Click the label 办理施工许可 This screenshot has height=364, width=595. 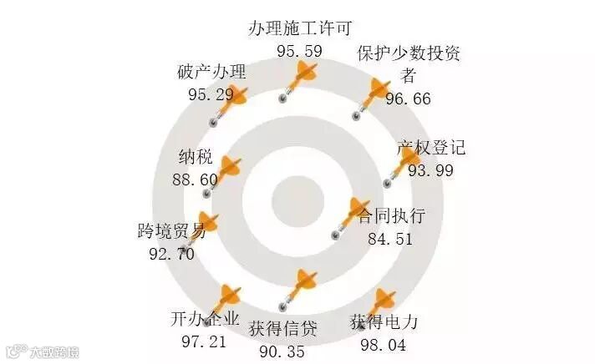[x=299, y=28]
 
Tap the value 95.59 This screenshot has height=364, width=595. [x=299, y=51]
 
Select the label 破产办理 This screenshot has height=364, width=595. [x=211, y=71]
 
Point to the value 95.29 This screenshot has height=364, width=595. [x=211, y=94]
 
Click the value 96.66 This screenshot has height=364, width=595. [x=408, y=99]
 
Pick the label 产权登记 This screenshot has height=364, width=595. [x=431, y=149]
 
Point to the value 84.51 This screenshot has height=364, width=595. [x=390, y=240]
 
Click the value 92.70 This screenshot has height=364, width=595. [x=171, y=253]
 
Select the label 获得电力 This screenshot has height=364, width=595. [x=383, y=321]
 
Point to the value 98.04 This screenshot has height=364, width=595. [x=383, y=344]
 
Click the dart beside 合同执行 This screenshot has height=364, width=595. [x=352, y=218]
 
